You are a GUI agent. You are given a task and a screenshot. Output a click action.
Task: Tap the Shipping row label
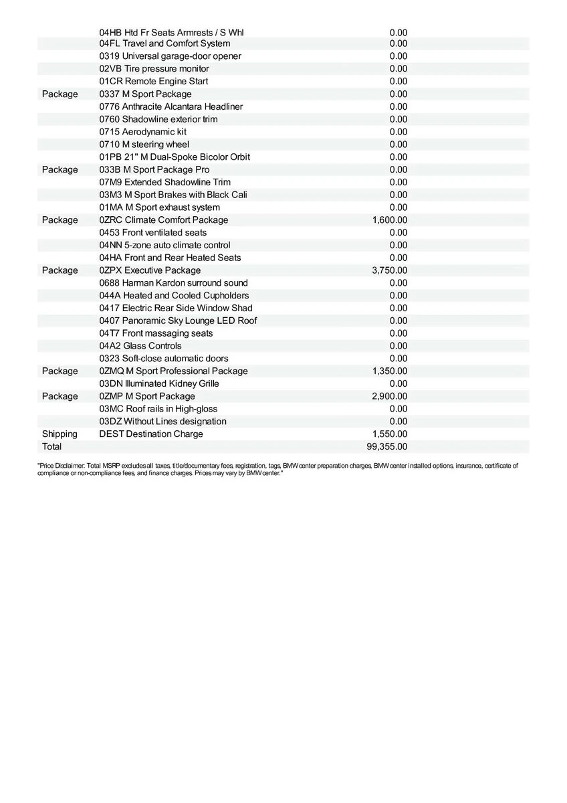coord(60,434)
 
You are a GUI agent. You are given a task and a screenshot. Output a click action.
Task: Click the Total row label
coord(51,446)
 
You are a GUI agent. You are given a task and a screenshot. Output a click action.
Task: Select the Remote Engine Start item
coord(154,81)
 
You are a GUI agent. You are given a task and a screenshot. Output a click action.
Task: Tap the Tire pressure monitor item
coord(154,68)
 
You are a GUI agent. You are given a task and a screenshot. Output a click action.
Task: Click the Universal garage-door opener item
coord(170,56)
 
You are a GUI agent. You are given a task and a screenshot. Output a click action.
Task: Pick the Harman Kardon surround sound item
coord(173,282)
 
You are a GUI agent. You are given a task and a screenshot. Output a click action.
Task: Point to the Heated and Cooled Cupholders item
coord(174,295)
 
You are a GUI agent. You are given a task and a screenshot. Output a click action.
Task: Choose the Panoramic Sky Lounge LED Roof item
coord(178,321)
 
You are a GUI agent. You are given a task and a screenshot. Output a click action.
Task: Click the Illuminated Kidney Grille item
coord(159,383)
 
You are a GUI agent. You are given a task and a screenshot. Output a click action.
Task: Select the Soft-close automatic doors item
coord(164,358)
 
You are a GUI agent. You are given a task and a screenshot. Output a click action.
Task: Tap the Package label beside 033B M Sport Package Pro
coord(60,169)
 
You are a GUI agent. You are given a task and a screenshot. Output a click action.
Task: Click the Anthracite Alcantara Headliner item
coord(171,106)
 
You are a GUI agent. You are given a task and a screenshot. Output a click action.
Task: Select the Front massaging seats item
coord(156,333)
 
